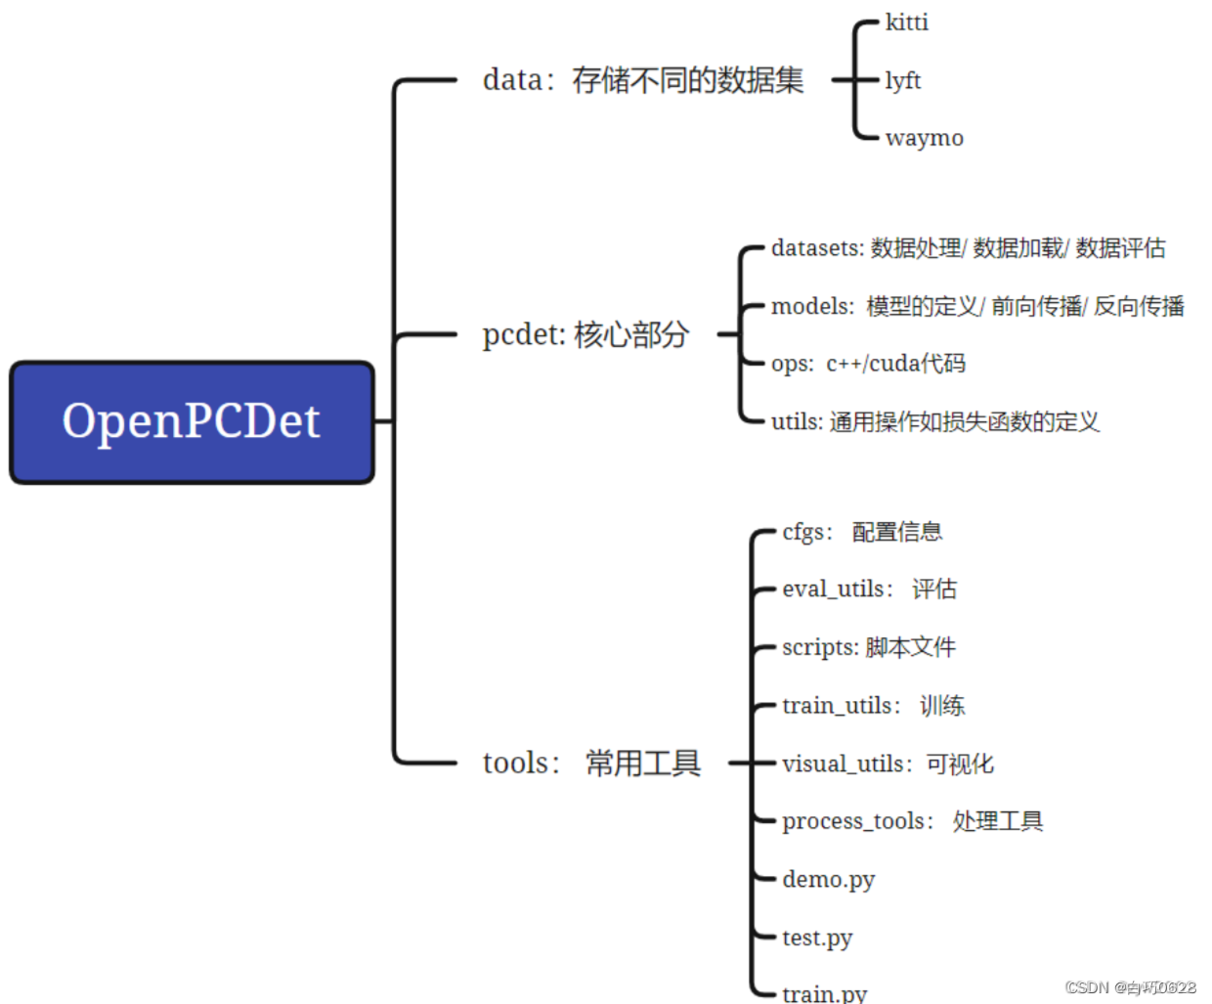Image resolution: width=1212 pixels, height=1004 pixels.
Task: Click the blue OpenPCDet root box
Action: (192, 422)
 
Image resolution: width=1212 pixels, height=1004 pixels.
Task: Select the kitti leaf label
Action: (906, 22)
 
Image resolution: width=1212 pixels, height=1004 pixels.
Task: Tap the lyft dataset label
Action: (902, 80)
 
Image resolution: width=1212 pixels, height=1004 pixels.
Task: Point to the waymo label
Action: (924, 138)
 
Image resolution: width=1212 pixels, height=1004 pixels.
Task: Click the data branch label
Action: (642, 80)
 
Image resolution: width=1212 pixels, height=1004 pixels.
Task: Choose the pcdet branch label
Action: (585, 334)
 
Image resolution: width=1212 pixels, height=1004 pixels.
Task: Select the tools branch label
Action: (591, 763)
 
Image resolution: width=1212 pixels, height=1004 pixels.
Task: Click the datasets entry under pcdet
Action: (968, 248)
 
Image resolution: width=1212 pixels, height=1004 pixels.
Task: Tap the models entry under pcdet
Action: (977, 306)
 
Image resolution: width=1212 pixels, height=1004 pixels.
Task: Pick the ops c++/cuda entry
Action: (868, 364)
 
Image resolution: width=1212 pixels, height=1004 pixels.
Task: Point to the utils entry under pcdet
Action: (934, 421)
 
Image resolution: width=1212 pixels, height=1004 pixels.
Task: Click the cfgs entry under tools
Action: (862, 532)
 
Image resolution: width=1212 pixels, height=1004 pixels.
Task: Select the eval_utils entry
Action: (869, 589)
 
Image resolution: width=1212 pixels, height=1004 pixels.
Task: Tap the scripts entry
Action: (869, 647)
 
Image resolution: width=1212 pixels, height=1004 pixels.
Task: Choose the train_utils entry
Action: (873, 705)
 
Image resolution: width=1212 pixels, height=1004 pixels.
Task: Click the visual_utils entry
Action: (887, 764)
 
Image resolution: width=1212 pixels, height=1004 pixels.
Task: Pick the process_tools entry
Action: (912, 821)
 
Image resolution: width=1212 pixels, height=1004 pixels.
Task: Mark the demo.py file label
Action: (828, 880)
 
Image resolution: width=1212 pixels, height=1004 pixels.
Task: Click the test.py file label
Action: (817, 938)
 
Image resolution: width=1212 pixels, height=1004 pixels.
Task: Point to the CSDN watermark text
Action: (1130, 987)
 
